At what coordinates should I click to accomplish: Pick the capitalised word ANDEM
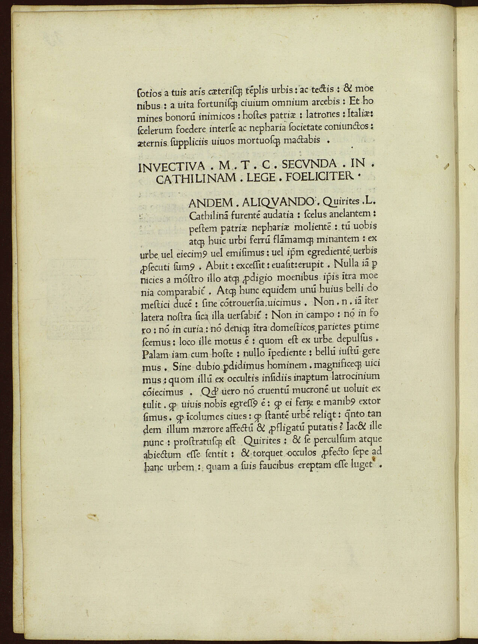pos(211,203)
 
